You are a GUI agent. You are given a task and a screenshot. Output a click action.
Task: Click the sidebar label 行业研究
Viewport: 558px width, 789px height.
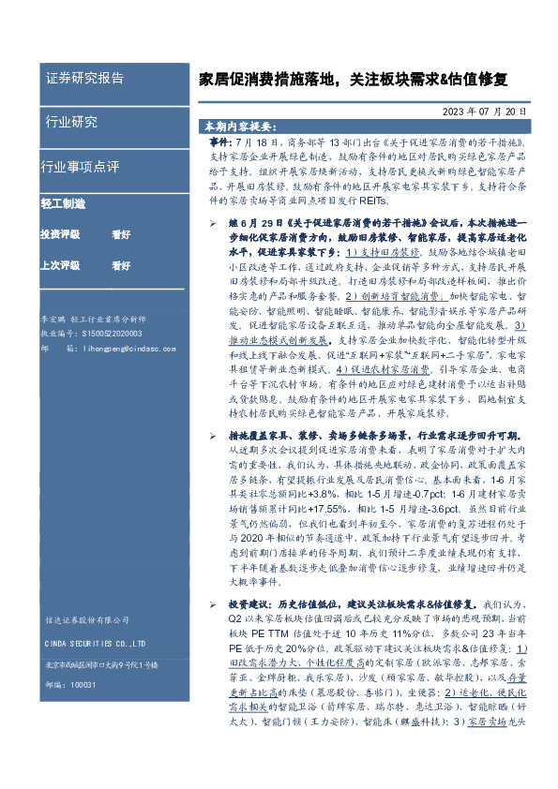click(71, 122)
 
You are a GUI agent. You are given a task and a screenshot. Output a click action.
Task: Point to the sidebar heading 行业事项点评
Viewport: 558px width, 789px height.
click(80, 167)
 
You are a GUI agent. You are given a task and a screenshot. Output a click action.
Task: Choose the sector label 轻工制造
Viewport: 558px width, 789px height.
click(63, 202)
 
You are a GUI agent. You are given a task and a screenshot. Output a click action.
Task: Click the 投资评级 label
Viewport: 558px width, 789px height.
click(60, 234)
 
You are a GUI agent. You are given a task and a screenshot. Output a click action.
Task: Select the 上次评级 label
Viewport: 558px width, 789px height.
click(60, 265)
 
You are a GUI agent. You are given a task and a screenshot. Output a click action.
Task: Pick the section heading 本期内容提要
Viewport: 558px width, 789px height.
click(238, 125)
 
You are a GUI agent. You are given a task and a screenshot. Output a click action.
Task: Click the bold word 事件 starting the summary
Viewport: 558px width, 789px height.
click(206, 139)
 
